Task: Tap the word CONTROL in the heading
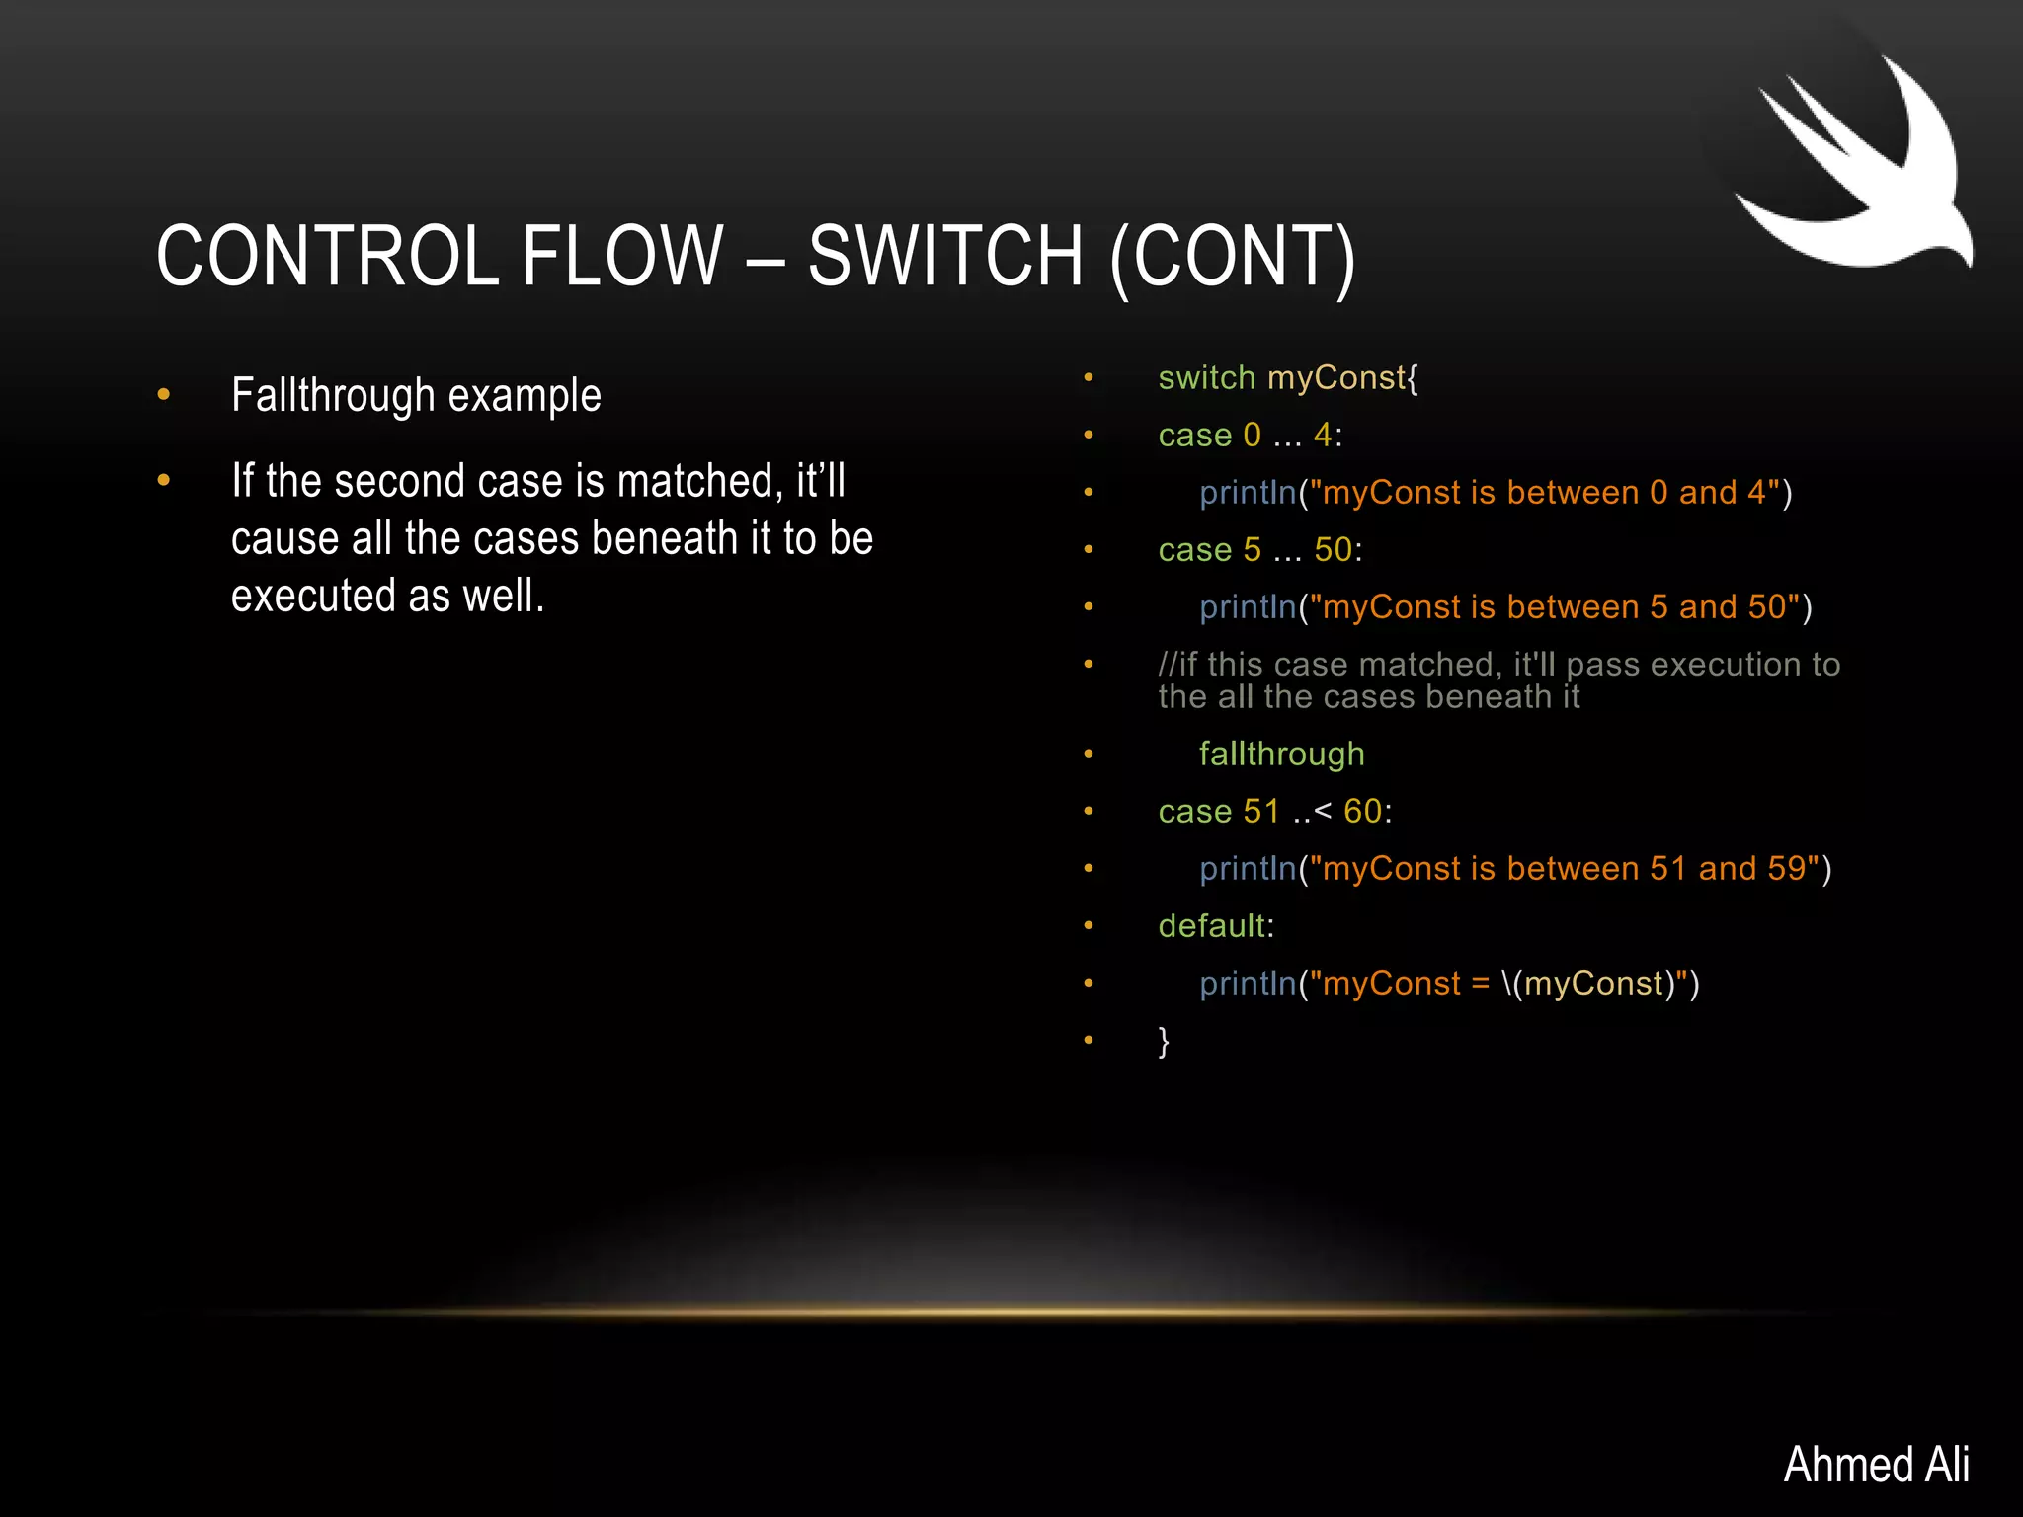327,256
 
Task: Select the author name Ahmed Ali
1876,1464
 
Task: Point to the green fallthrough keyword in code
1281,755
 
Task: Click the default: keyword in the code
1216,926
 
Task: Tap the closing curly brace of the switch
1164,1041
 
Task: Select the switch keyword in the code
1206,378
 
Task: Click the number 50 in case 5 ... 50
1333,550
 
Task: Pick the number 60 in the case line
1362,812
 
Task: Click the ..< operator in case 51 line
1312,812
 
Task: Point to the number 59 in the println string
1786,869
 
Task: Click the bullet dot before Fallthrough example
164,395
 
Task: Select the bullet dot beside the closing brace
1089,1040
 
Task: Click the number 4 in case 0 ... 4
1323,436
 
